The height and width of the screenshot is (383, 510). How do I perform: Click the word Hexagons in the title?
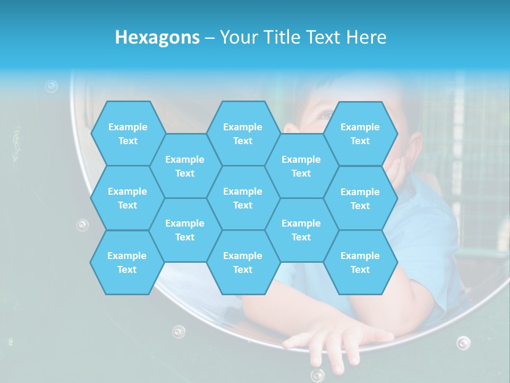(157, 37)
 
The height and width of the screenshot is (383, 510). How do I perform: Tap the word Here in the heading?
(366, 37)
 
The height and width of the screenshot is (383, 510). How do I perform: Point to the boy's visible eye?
(325, 115)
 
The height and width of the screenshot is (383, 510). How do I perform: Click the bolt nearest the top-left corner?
(51, 86)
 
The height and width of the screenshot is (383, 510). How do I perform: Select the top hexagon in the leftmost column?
(127, 134)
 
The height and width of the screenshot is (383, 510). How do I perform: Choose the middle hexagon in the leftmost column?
(127, 198)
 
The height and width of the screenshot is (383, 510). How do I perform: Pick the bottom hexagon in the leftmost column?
(127, 262)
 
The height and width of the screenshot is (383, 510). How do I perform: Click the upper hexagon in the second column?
(185, 166)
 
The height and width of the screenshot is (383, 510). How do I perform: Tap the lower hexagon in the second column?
(185, 230)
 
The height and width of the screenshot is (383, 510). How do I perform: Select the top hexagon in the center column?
(243, 134)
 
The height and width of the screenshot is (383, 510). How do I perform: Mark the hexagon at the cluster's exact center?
(243, 198)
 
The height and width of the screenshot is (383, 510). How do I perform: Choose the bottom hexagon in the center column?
(243, 262)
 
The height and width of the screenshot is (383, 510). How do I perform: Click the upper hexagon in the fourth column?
(301, 166)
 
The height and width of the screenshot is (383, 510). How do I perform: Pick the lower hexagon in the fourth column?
(301, 230)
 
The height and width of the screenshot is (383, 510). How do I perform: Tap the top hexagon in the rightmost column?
(360, 134)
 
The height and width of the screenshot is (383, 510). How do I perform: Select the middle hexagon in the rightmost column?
(360, 198)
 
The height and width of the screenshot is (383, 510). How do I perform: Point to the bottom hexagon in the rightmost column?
(360, 262)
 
